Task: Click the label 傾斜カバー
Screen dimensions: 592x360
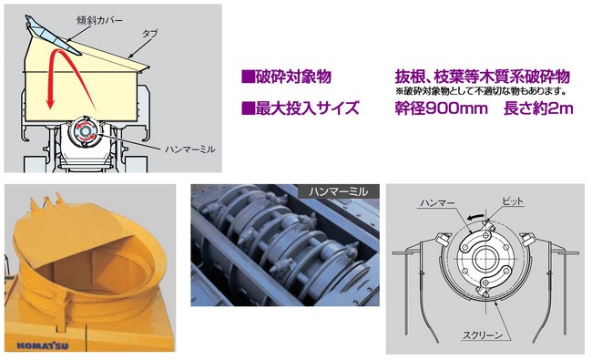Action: [99, 20]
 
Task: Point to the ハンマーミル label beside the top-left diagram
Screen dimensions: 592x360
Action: [190, 149]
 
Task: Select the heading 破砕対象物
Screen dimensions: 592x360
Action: [293, 77]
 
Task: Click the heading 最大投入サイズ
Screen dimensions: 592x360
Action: [307, 108]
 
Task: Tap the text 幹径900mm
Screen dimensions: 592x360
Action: [442, 108]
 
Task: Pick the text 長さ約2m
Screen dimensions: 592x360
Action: [538, 108]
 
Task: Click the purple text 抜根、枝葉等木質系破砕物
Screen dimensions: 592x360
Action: [482, 77]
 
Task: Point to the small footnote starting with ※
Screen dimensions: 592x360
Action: [482, 91]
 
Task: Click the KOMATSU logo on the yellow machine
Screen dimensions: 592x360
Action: [43, 345]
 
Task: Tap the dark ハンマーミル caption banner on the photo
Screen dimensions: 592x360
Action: [339, 191]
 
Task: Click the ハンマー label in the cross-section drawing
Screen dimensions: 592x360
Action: [437, 203]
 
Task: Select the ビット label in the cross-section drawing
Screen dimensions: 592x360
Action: [513, 201]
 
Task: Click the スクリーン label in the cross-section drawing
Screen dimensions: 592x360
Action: [483, 334]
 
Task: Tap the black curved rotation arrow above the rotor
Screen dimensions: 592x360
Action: [475, 216]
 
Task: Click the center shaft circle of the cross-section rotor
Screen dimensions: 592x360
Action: [485, 259]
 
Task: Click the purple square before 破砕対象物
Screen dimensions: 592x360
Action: [248, 77]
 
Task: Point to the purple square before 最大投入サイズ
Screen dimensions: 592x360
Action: [248, 108]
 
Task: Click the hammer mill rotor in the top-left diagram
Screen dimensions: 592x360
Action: [86, 131]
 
